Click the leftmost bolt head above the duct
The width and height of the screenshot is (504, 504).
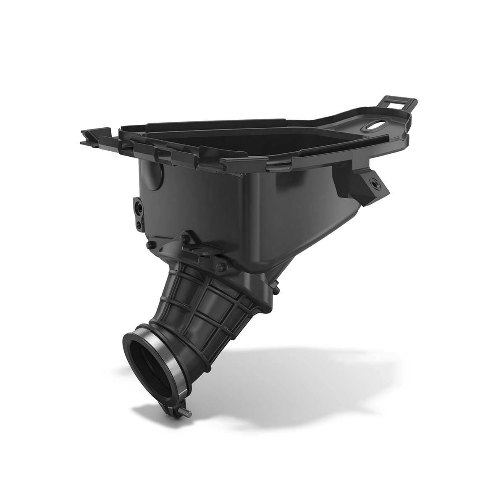tap(149, 246)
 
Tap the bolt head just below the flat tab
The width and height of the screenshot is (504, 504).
tap(219, 266)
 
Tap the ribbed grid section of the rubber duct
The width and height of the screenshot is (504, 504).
tap(202, 307)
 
